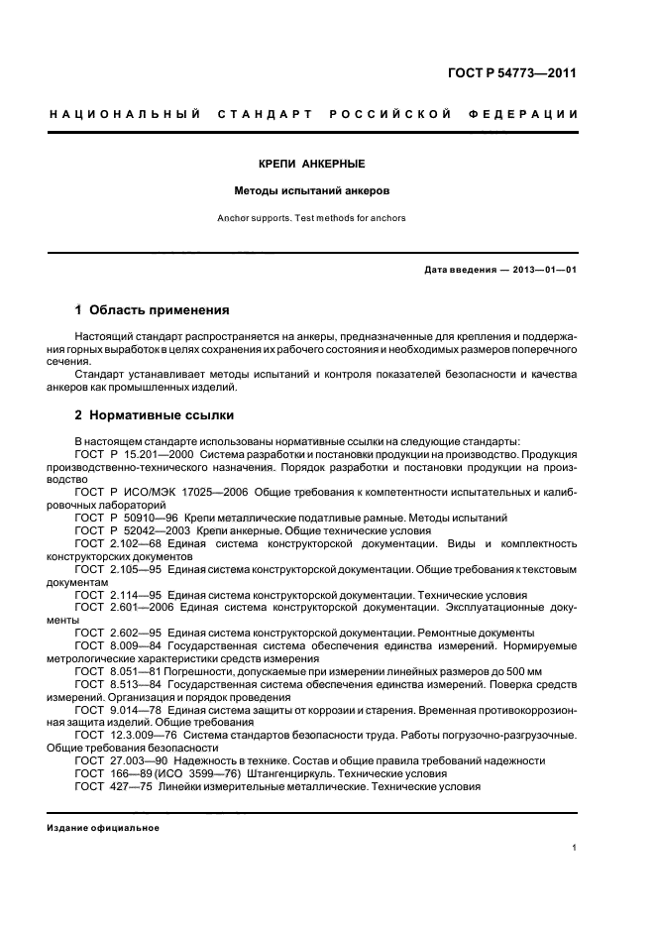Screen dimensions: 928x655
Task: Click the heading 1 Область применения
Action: click(x=152, y=309)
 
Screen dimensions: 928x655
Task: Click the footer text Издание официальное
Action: click(x=103, y=827)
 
